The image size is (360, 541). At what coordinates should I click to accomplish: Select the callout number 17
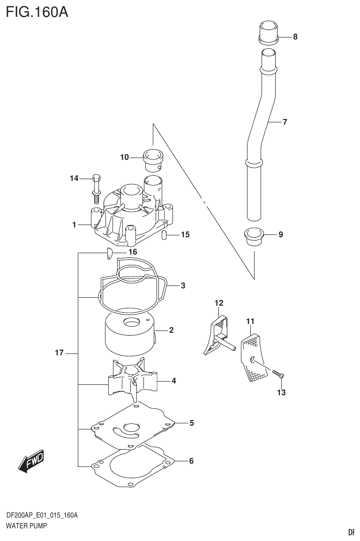click(x=59, y=353)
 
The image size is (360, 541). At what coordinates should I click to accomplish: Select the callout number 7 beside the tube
click(x=285, y=122)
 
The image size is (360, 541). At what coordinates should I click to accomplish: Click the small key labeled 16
click(x=107, y=254)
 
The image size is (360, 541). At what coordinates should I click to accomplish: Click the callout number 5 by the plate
click(x=192, y=423)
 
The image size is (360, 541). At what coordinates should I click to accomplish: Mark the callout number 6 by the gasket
click(x=191, y=461)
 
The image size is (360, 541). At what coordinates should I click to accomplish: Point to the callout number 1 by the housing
click(x=74, y=225)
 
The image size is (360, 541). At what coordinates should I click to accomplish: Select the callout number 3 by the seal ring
click(x=183, y=285)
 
